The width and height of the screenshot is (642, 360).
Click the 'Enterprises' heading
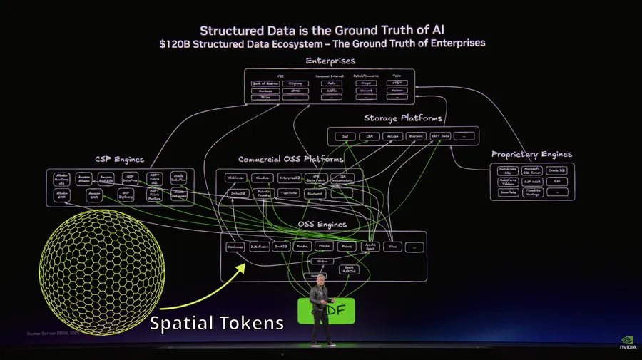[330, 61]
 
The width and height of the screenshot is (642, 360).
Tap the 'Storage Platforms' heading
[403, 118]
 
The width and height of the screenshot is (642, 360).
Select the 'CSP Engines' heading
[119, 160]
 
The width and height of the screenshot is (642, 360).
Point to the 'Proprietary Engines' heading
[531, 154]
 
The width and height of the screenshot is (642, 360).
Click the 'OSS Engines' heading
[322, 224]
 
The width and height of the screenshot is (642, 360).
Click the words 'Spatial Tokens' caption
[217, 323]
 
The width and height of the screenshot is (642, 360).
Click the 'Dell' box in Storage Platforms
[344, 135]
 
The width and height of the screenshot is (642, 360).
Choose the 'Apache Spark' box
[370, 247]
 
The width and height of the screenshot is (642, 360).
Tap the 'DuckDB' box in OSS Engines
[282, 247]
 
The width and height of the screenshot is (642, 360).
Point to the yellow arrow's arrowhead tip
[247, 265]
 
